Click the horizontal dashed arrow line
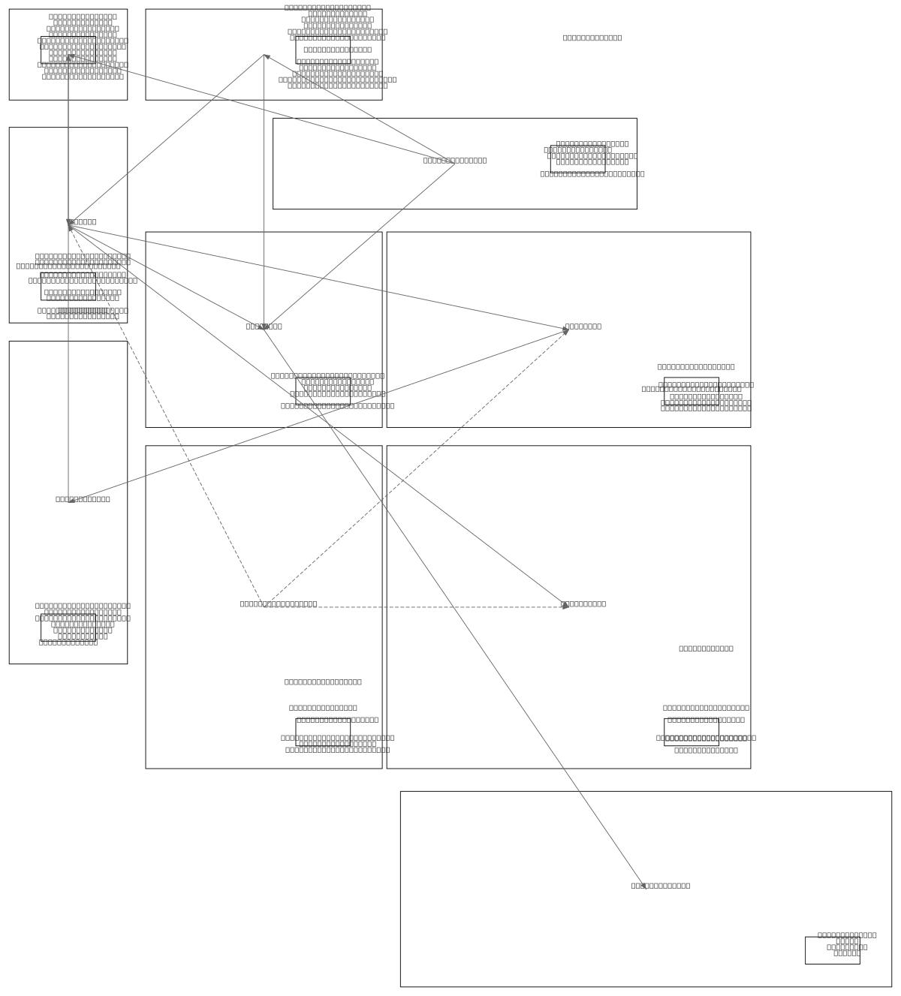[x=413, y=607]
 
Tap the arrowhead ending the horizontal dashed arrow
[x=566, y=606]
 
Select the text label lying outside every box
[x=592, y=38]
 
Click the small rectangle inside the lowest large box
[x=832, y=950]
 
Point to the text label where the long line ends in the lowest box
[x=660, y=886]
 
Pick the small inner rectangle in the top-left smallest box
[x=68, y=50]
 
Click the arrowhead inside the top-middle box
[x=266, y=56]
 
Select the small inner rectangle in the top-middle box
[x=323, y=50]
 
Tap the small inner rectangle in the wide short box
[x=577, y=159]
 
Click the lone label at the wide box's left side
[x=454, y=160]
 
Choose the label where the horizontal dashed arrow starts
[x=278, y=603]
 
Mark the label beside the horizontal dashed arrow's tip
[x=584, y=603]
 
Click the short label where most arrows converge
[x=83, y=221]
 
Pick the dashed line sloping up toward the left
[x=165, y=413]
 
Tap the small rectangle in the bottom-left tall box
[x=68, y=627]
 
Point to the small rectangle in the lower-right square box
[x=691, y=732]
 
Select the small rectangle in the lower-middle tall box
[x=323, y=732]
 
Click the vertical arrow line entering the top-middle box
[x=264, y=188]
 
